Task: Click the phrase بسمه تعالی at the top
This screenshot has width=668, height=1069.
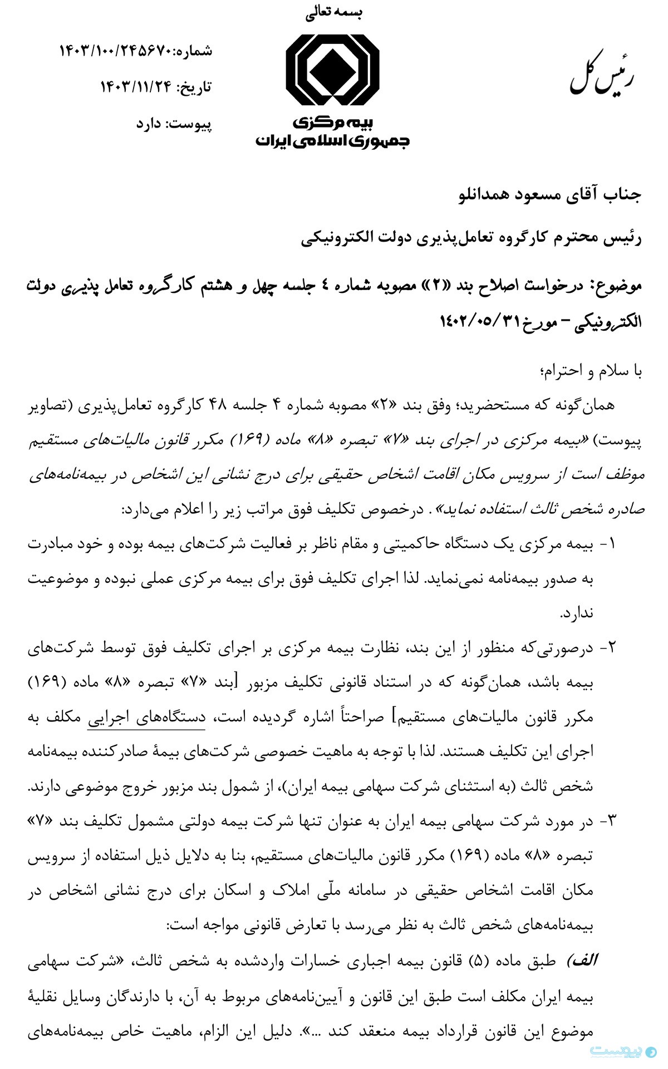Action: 333,14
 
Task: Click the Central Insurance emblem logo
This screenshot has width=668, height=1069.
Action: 332,69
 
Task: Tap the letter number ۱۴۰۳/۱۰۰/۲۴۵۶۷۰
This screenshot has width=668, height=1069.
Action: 116,52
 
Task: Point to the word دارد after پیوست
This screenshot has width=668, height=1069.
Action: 149,124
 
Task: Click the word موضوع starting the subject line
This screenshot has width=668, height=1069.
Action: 618,286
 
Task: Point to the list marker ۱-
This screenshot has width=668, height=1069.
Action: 608,544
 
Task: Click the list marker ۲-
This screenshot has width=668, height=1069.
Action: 608,648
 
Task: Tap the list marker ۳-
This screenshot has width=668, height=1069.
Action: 608,821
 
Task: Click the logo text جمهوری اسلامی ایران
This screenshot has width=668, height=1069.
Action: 332,140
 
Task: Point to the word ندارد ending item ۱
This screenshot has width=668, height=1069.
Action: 577,613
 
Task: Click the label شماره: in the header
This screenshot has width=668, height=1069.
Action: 193,52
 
